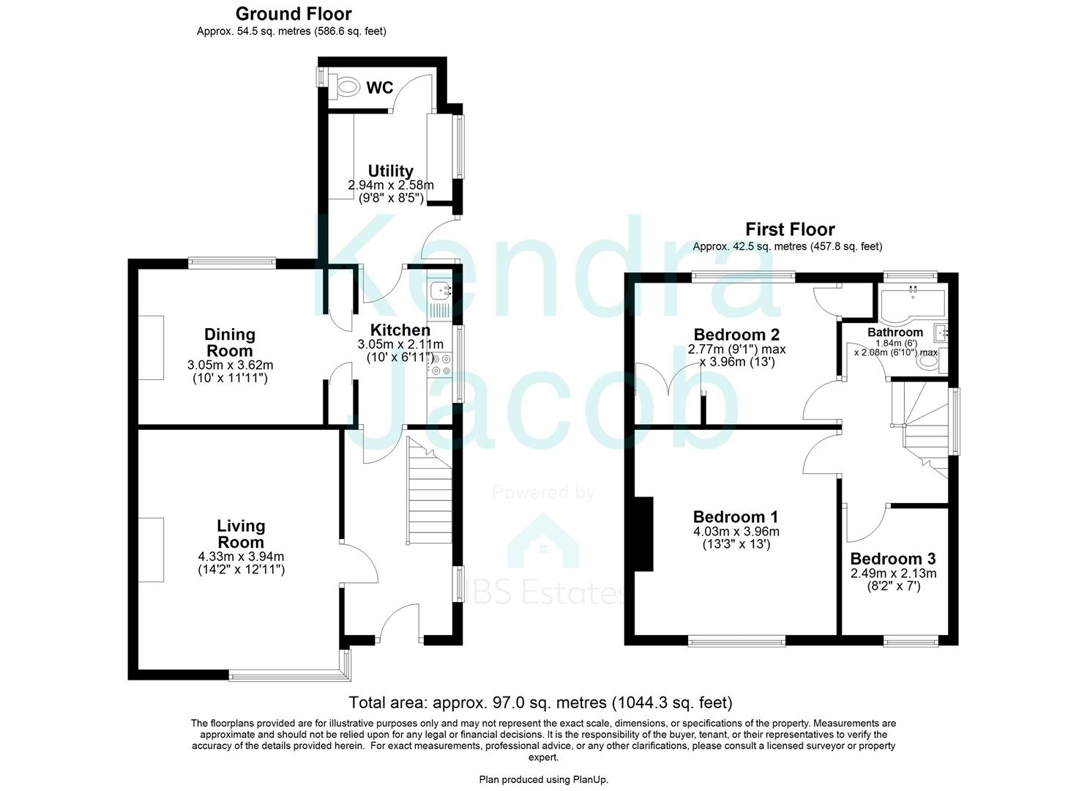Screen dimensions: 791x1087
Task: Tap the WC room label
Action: [x=380, y=88]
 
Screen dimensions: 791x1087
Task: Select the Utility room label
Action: [x=390, y=171]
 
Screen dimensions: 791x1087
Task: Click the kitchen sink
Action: [x=442, y=291]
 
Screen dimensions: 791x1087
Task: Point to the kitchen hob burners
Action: [x=441, y=364]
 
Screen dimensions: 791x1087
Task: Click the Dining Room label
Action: [x=230, y=342]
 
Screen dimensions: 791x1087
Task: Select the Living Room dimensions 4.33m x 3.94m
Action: [x=241, y=556]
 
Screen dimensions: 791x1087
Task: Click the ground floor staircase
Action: [x=427, y=491]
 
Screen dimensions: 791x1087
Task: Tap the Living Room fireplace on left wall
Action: [x=152, y=549]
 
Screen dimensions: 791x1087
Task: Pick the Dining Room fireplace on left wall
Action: [x=152, y=347]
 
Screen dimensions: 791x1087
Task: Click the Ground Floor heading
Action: [x=293, y=14]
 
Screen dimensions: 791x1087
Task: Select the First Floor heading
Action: [x=790, y=229]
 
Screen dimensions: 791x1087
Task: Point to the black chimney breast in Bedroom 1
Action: [x=643, y=533]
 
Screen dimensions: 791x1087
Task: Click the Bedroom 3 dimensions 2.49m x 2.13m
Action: [x=893, y=573]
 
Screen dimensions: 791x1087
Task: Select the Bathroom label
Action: [x=895, y=333]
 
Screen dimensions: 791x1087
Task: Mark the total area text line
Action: [x=540, y=703]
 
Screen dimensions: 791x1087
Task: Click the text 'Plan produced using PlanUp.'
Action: [x=543, y=779]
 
